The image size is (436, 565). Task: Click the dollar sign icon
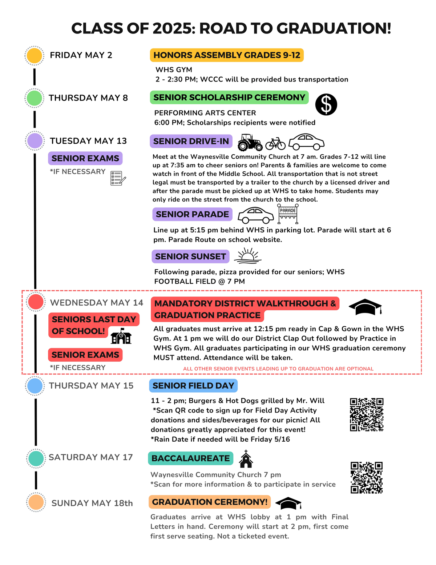pos(326,104)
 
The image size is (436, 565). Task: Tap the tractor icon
pos(250,142)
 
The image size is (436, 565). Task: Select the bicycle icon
pos(275,143)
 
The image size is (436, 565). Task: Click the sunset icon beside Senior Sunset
pos(247,256)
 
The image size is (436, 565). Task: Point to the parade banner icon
pos(288,214)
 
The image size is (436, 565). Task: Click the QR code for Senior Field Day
pos(367,415)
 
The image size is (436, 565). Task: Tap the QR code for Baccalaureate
pos(367,478)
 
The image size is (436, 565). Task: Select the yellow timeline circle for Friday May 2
pos(35,56)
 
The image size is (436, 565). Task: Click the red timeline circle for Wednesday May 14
pos(36,302)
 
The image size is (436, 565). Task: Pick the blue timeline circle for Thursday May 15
pos(35,386)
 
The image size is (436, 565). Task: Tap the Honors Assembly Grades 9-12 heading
pos(227,55)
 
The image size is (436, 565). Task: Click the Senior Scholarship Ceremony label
pos(229,98)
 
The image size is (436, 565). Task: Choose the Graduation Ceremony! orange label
pos(210,502)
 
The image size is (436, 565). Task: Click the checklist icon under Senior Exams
pos(118,178)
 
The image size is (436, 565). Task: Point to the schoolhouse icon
pos(121,336)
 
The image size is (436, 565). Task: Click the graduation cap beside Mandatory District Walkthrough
pos(365,307)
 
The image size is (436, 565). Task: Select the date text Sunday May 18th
pos(92,503)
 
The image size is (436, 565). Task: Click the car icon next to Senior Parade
pos(255,215)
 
